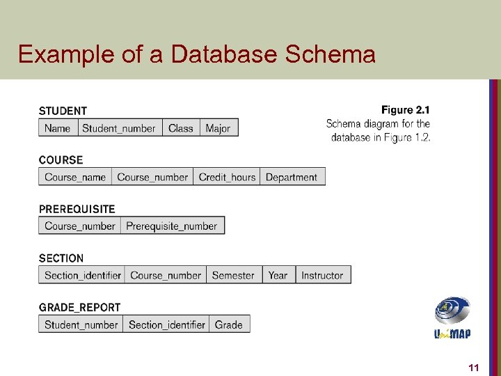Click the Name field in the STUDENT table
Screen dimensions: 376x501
click(x=57, y=127)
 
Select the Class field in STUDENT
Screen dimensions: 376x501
click(x=180, y=127)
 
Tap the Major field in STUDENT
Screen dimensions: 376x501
click(x=218, y=127)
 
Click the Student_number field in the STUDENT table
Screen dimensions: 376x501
click(x=118, y=127)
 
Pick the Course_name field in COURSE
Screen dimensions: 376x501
click(x=74, y=177)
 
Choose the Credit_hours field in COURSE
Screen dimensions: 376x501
click(x=227, y=177)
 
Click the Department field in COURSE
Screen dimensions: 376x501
click(x=291, y=177)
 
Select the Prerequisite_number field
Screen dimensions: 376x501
click(x=172, y=226)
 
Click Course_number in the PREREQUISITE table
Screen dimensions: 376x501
click(x=79, y=226)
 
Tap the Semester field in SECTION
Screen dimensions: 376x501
click(x=233, y=275)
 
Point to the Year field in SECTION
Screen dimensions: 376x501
click(x=278, y=275)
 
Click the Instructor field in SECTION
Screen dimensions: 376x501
click(x=322, y=275)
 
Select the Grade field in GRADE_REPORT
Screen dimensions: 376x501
click(x=228, y=324)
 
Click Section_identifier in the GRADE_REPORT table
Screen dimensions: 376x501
click(x=166, y=324)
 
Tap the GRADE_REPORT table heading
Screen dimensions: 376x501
click(x=79, y=307)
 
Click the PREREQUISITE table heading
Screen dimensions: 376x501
click(x=77, y=209)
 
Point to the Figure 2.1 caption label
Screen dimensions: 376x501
click(x=406, y=110)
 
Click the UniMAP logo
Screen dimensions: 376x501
click(x=452, y=318)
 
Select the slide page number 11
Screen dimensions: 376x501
click(x=474, y=367)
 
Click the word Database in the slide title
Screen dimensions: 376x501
click(x=219, y=54)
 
